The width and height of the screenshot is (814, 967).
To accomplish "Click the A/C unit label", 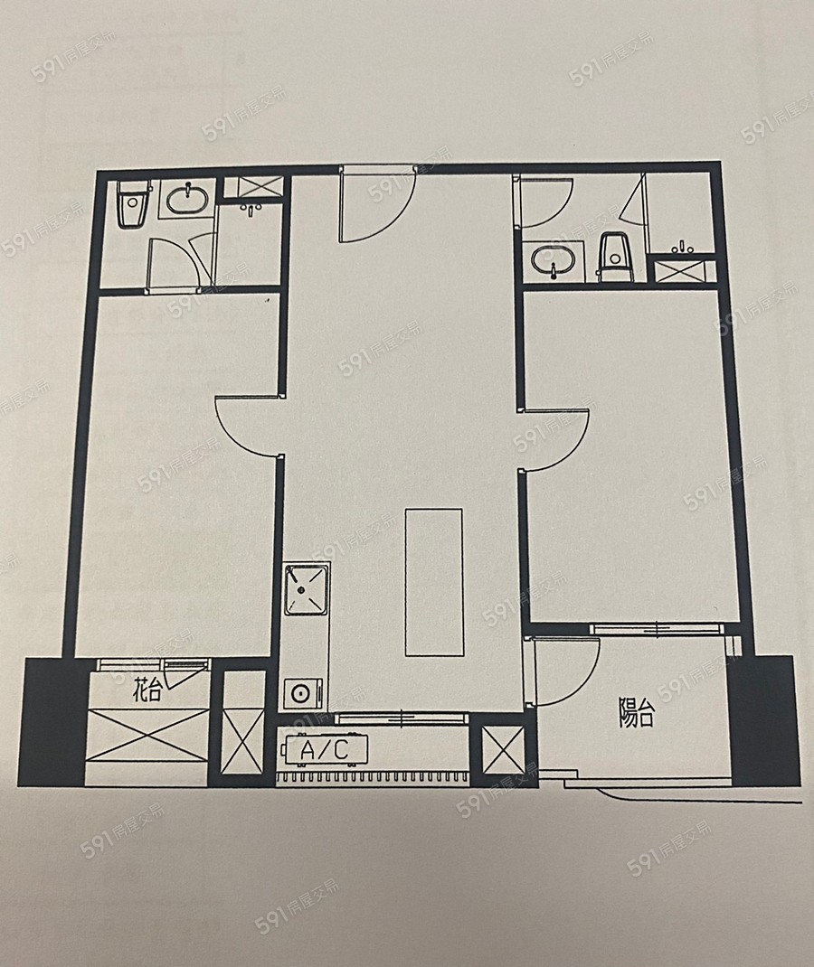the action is click(x=324, y=750).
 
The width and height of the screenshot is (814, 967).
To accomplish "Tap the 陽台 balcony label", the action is click(x=636, y=714).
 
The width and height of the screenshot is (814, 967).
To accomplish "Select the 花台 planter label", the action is click(x=147, y=690).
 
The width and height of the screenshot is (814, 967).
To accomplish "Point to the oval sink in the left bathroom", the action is click(x=187, y=199).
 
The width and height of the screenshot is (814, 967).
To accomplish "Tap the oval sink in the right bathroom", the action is click(x=553, y=261).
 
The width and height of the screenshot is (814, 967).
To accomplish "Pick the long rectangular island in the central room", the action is click(x=434, y=582).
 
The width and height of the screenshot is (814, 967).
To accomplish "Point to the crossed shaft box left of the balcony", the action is click(x=502, y=749).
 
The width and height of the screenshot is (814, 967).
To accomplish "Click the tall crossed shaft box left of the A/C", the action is click(x=241, y=739).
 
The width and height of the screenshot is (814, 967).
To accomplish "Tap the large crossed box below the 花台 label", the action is click(x=148, y=736).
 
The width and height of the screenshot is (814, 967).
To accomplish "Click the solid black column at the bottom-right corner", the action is click(x=763, y=720).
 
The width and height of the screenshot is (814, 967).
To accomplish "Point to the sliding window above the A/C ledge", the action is click(x=399, y=718).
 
